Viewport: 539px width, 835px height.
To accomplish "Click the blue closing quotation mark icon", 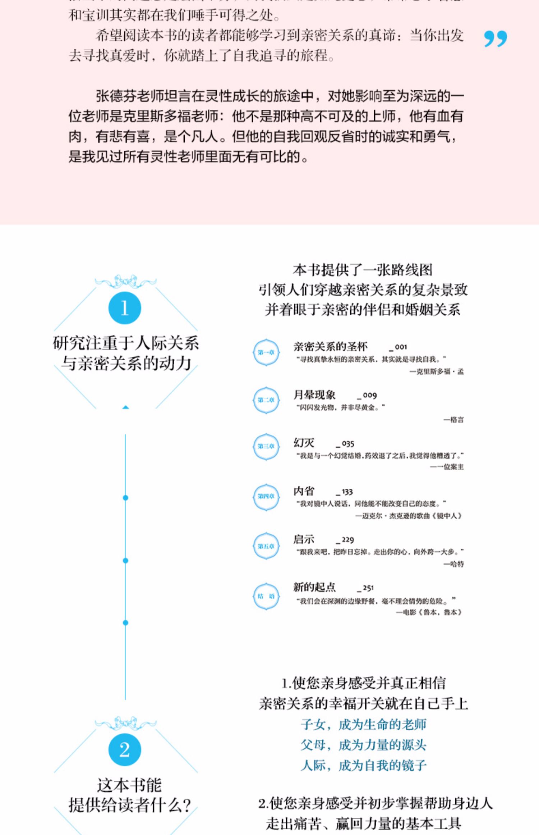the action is coord(495,38).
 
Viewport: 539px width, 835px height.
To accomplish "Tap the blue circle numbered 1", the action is coord(125,308).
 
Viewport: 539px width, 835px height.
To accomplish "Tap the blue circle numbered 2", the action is coord(125,750).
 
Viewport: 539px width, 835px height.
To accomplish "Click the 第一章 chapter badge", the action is coord(266,352).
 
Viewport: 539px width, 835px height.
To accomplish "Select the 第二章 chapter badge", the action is coord(266,400).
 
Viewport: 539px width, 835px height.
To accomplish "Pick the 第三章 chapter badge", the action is coord(266,447).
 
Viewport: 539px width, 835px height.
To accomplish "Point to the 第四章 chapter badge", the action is coord(266,497).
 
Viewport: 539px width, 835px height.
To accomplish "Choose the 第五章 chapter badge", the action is coord(266,546).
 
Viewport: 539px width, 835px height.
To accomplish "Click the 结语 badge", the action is coord(266,596).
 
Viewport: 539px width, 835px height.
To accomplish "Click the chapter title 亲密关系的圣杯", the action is coord(330,347).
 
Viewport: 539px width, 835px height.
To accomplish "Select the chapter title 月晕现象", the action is coord(314,395).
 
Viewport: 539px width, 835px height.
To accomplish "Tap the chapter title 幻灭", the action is coord(304,443).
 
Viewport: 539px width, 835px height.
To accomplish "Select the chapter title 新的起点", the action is coord(314,588).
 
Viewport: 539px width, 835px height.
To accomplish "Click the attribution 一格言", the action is coord(453,420).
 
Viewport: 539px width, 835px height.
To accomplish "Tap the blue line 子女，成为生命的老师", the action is coord(363,725).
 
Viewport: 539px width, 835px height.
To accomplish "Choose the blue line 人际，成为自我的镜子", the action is coord(363,766).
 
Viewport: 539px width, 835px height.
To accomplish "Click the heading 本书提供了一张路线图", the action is coord(363,270).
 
